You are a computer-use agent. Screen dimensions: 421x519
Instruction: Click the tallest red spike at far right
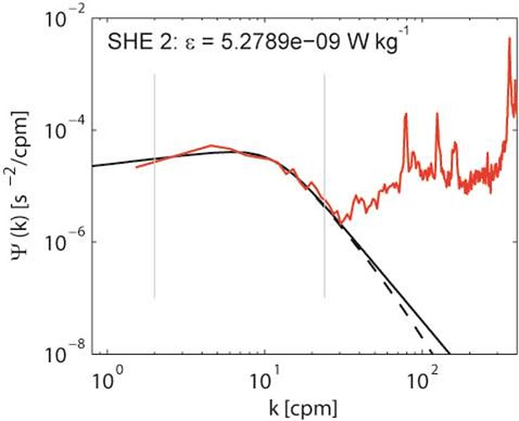(x=508, y=39)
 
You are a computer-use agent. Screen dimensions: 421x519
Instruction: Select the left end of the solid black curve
(x=93, y=166)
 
